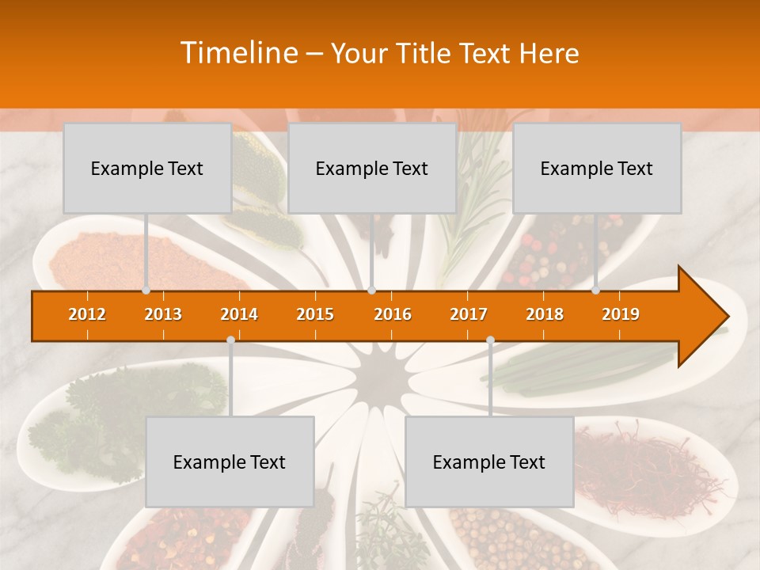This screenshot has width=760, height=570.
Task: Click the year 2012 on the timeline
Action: click(87, 314)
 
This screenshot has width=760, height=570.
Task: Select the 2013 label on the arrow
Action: click(163, 314)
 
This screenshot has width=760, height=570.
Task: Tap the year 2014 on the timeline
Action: click(239, 314)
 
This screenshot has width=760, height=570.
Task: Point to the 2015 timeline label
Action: click(315, 314)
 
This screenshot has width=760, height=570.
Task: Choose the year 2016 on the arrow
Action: click(393, 314)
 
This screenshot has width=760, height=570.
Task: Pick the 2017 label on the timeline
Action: click(469, 314)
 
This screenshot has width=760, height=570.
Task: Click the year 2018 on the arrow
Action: click(545, 314)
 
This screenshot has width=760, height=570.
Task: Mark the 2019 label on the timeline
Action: click(621, 314)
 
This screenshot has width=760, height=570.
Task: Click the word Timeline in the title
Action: click(238, 53)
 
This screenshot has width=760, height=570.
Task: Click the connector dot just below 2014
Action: click(230, 340)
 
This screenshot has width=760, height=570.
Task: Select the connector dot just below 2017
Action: click(490, 340)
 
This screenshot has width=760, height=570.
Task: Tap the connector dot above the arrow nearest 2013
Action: click(146, 290)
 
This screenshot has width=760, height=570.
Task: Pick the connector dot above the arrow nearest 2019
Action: click(596, 290)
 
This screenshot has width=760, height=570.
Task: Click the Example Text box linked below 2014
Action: click(230, 462)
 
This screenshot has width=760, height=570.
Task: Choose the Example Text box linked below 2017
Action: click(489, 462)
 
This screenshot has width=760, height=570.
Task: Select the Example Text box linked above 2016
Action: click(372, 168)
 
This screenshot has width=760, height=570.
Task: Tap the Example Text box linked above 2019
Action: click(597, 168)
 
